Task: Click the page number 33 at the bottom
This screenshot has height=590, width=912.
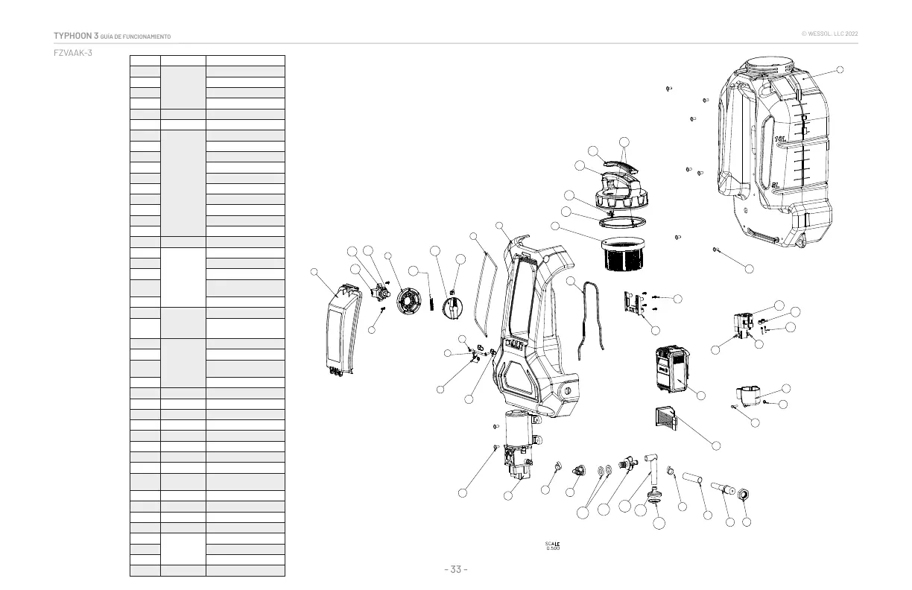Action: pyautogui.click(x=455, y=570)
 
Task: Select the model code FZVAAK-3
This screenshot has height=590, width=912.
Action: pyautogui.click(x=73, y=53)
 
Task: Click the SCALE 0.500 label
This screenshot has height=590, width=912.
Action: pyautogui.click(x=552, y=545)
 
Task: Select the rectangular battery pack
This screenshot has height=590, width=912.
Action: pyautogui.click(x=672, y=369)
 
